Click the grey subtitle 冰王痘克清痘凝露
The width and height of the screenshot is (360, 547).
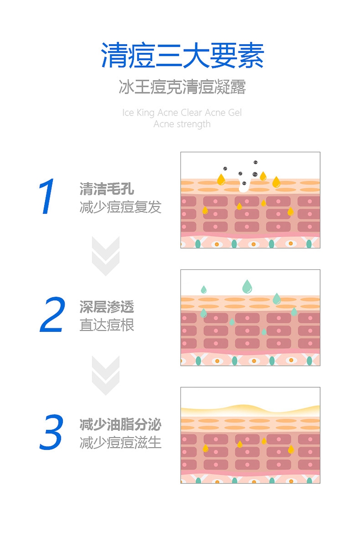pyautogui.click(x=182, y=87)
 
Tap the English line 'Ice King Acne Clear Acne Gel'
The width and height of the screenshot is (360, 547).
pyautogui.click(x=182, y=113)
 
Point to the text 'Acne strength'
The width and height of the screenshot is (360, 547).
pyautogui.click(x=182, y=124)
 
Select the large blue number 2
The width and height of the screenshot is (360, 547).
pyautogui.click(x=52, y=315)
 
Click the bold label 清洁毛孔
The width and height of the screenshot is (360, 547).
pyautogui.click(x=107, y=189)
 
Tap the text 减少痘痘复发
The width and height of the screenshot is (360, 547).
pyautogui.click(x=120, y=207)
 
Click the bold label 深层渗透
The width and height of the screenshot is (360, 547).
pyautogui.click(x=107, y=306)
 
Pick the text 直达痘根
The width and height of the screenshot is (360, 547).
pyautogui.click(x=107, y=325)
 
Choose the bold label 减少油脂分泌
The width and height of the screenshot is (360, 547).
pyautogui.click(x=120, y=425)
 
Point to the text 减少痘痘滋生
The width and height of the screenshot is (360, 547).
pyautogui.click(x=120, y=443)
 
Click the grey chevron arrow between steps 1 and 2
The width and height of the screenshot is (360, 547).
pyautogui.click(x=106, y=256)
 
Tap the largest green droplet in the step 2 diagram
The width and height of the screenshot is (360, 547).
pyautogui.click(x=247, y=286)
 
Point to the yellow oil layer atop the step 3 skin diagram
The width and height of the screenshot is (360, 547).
pyautogui.click(x=250, y=410)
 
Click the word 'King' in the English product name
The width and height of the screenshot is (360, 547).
pyautogui.click(x=145, y=113)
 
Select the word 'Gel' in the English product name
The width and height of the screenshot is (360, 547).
pyautogui.click(x=235, y=113)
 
